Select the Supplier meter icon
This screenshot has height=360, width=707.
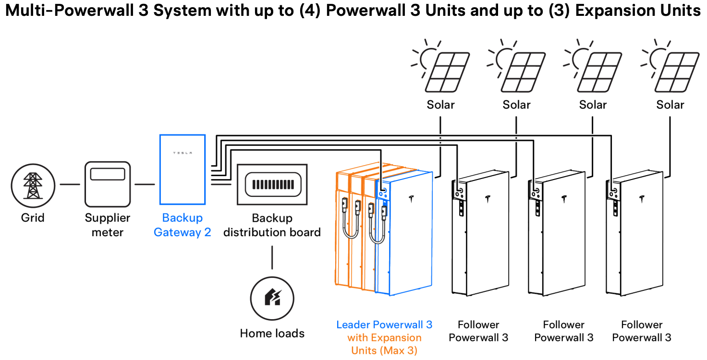(108, 184)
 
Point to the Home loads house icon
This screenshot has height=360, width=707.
(272, 299)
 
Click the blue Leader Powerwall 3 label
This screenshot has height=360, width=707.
(384, 325)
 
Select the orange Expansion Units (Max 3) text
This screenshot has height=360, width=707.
(384, 344)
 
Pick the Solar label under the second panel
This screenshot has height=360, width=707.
(517, 105)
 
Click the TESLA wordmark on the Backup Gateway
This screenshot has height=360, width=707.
(183, 153)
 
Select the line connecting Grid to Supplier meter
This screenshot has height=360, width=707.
(70, 184)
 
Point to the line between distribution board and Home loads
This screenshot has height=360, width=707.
(272, 258)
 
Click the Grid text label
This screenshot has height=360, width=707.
(33, 218)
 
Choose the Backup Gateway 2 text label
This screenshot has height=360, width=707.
(183, 225)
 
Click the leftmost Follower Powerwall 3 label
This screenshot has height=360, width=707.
(478, 331)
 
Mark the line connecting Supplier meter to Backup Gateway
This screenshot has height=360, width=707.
(145, 184)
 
